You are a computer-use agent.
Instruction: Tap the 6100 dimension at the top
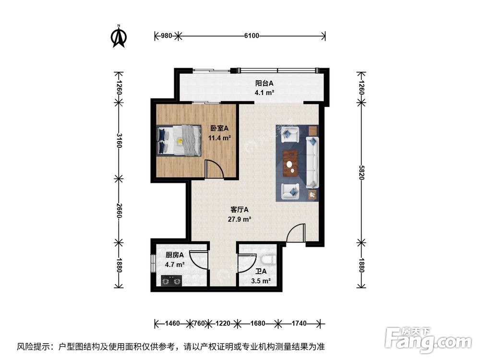(x=251, y=35)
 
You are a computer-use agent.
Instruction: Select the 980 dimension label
(x=166, y=35)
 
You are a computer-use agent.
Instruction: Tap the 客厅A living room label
(x=239, y=210)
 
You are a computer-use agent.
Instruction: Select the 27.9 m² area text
(x=240, y=219)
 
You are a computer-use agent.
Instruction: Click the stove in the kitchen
(x=170, y=280)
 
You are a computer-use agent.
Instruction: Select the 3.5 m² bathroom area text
(x=261, y=281)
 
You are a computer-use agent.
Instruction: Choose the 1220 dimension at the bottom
(x=223, y=324)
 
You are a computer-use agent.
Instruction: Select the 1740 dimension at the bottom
(x=299, y=324)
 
